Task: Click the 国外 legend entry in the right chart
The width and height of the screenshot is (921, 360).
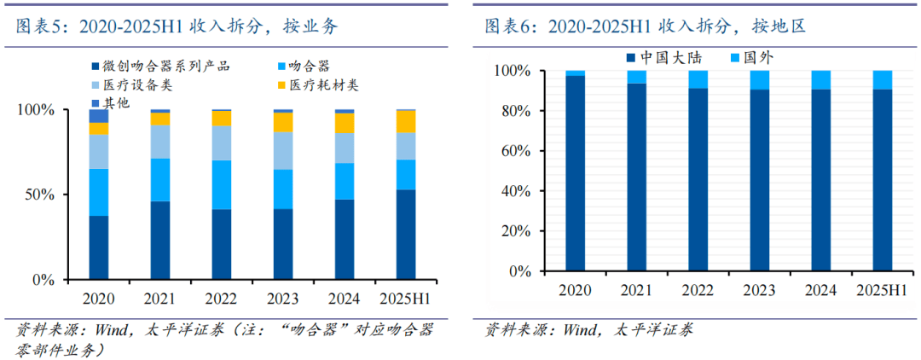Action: (x=757, y=58)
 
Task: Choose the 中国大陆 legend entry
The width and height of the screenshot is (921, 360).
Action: (x=674, y=58)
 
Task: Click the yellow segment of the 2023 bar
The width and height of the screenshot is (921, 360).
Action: (x=283, y=122)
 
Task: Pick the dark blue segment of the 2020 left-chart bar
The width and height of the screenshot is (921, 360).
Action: (x=99, y=247)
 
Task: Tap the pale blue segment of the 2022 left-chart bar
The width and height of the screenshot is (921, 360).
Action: (x=222, y=142)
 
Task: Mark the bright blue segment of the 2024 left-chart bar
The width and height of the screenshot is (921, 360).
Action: (x=345, y=181)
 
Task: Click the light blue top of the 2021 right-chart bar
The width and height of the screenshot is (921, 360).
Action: (x=637, y=77)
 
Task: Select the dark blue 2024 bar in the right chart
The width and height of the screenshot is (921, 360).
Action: (x=820, y=179)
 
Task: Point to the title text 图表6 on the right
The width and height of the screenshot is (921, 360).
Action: (x=510, y=26)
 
